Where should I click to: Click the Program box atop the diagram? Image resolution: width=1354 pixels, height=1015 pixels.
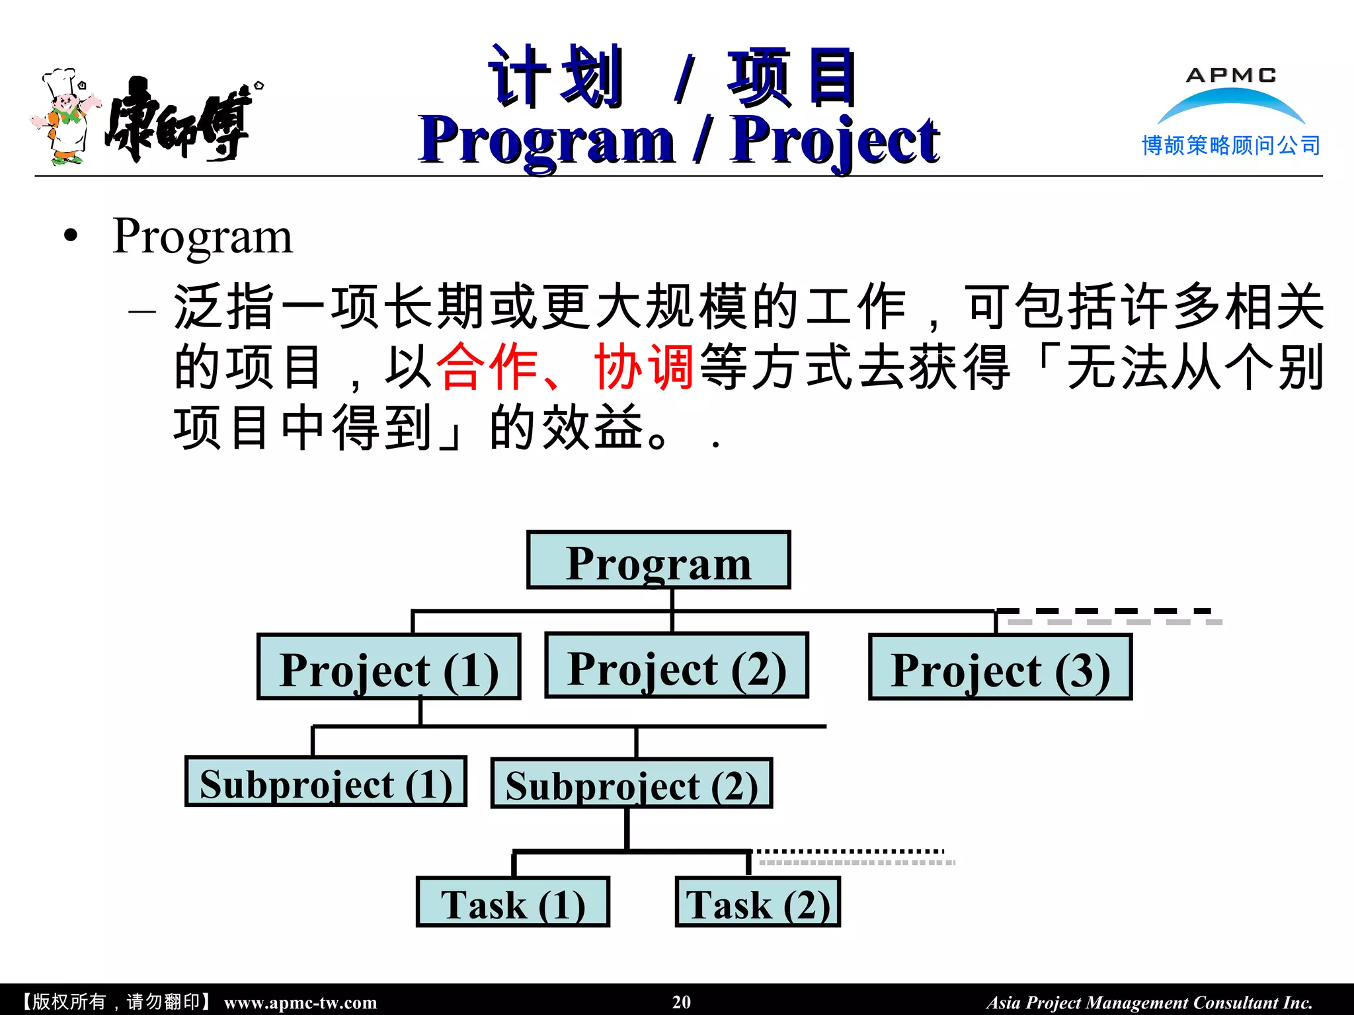click(658, 560)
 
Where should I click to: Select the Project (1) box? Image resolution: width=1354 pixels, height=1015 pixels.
click(389, 667)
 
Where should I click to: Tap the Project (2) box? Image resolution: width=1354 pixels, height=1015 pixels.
click(676, 665)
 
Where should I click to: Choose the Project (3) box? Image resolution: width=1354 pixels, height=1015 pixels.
click(1000, 667)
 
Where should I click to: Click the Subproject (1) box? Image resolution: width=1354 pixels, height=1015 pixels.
click(326, 782)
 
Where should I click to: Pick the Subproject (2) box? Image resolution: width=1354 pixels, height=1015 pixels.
click(631, 784)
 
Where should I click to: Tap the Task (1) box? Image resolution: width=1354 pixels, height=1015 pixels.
click(512, 903)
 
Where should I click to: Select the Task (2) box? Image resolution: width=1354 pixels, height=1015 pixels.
click(758, 903)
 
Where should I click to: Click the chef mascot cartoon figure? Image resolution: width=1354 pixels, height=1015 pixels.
click(65, 118)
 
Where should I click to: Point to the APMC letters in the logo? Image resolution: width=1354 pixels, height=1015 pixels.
click(1231, 75)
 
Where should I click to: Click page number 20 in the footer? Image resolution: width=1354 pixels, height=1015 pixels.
click(681, 1002)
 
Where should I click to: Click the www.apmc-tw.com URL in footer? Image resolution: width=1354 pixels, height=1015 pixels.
click(300, 1002)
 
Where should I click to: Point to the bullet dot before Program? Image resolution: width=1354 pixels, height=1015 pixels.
click(71, 237)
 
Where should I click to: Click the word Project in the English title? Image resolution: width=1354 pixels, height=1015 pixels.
click(834, 140)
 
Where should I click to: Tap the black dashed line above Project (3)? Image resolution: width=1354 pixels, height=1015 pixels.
click(1104, 611)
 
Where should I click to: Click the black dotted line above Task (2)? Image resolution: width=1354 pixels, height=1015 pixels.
click(850, 851)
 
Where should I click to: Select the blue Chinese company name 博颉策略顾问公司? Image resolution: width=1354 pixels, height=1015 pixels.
click(1231, 145)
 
